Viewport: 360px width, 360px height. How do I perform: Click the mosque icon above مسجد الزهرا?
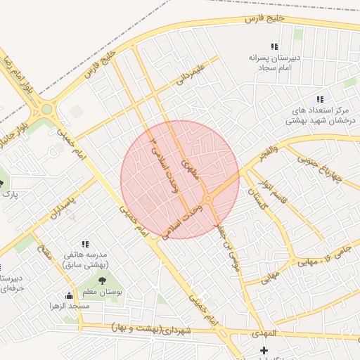(x=68, y=296)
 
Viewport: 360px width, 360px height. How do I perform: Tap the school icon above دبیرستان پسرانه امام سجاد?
(x=274, y=46)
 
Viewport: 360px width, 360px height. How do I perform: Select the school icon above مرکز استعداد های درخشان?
(x=321, y=100)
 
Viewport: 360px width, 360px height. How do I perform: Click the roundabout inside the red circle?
(x=208, y=200)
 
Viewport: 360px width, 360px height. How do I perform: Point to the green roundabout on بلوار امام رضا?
(x=47, y=109)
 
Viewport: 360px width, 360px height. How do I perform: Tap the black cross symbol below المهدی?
(x=264, y=350)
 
